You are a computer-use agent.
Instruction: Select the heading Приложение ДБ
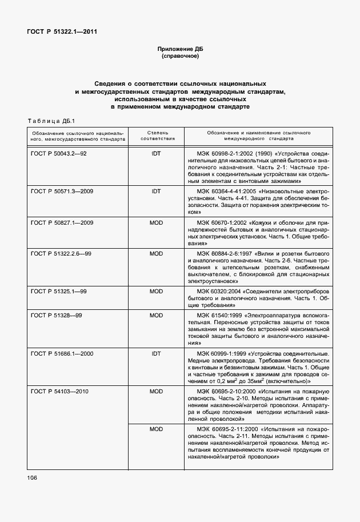(180, 50)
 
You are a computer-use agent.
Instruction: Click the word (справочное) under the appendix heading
(180, 57)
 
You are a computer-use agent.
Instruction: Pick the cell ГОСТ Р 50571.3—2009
(62, 190)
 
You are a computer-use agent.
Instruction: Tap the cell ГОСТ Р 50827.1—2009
(62, 221)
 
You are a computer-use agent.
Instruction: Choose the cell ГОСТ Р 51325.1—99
(58, 291)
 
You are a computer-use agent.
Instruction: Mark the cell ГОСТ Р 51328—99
(56, 315)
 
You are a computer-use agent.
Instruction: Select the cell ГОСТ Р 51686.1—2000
(62, 353)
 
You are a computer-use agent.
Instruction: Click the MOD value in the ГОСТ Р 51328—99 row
(157, 315)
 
